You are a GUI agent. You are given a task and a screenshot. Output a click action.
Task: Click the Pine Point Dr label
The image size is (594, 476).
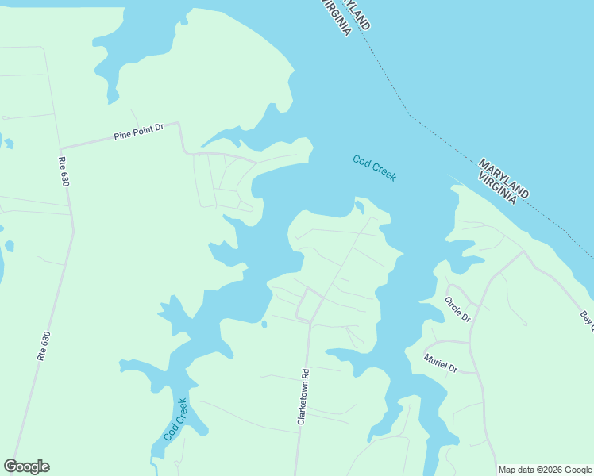coord(138,131)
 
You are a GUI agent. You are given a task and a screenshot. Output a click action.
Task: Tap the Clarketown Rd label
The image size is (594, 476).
coord(303,396)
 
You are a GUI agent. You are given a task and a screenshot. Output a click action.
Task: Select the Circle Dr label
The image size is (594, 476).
coord(457,309)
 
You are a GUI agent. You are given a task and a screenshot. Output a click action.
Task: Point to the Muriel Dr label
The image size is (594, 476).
coord(441,363)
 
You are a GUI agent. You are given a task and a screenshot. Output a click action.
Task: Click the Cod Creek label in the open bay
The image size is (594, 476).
coord(374,168)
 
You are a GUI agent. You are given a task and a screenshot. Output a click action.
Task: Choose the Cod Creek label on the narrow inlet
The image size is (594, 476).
coord(175,420)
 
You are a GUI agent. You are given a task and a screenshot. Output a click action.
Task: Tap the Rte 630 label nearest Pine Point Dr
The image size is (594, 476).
coord(64,169)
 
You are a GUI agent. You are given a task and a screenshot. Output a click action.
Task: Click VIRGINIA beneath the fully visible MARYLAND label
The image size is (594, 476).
coord(498,187)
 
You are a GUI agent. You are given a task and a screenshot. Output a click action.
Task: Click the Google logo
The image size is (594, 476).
coord(27,466)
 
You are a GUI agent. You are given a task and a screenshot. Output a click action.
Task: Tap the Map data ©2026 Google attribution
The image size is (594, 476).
coord(546,470)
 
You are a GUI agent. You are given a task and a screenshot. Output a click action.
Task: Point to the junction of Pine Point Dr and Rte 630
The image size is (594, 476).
coord(60,148)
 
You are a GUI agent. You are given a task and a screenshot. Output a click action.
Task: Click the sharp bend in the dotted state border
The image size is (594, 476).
coord(410,115)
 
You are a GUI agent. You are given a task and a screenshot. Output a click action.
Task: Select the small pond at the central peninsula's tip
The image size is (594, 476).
coord(360,208)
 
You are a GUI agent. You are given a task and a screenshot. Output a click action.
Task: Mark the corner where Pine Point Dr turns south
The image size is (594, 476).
coord(179,124)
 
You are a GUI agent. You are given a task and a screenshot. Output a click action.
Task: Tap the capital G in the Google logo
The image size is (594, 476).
coord(10,466)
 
